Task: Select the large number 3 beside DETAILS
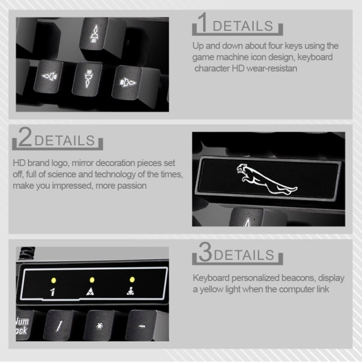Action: click(205, 253)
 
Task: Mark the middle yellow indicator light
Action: click(91, 279)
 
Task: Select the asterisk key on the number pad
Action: click(100, 326)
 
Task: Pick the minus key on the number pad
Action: click(141, 325)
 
